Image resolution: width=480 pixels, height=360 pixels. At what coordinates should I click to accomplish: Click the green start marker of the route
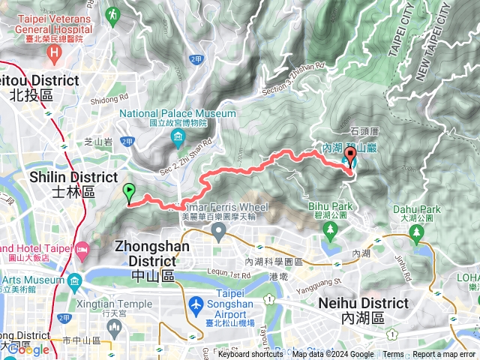[129, 193]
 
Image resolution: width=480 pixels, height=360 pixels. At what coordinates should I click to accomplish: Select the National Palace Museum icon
[178, 136]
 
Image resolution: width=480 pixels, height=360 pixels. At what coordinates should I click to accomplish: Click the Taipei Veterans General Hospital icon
[54, 52]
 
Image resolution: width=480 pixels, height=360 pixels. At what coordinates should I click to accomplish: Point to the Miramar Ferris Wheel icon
[218, 231]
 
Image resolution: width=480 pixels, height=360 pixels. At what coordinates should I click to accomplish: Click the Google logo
[28, 349]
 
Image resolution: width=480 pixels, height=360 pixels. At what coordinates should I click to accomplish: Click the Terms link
[393, 355]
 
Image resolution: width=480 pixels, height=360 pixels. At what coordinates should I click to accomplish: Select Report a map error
[445, 355]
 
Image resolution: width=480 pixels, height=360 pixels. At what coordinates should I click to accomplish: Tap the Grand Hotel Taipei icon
[83, 247]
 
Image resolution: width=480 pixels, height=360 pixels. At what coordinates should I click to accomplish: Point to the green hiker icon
[113, 13]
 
